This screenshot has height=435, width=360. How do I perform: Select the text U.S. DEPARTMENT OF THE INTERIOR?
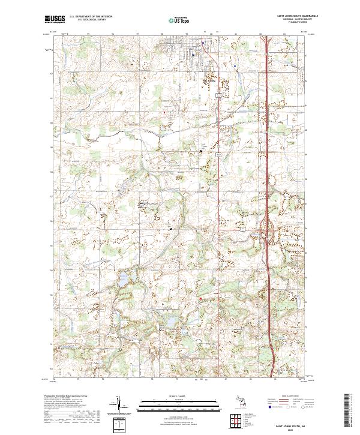click(90, 17)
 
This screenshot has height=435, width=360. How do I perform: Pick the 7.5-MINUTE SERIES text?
click(294, 23)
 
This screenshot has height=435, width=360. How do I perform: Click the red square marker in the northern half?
click(163, 112)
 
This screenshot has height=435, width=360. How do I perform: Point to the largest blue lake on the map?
click(124, 279)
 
